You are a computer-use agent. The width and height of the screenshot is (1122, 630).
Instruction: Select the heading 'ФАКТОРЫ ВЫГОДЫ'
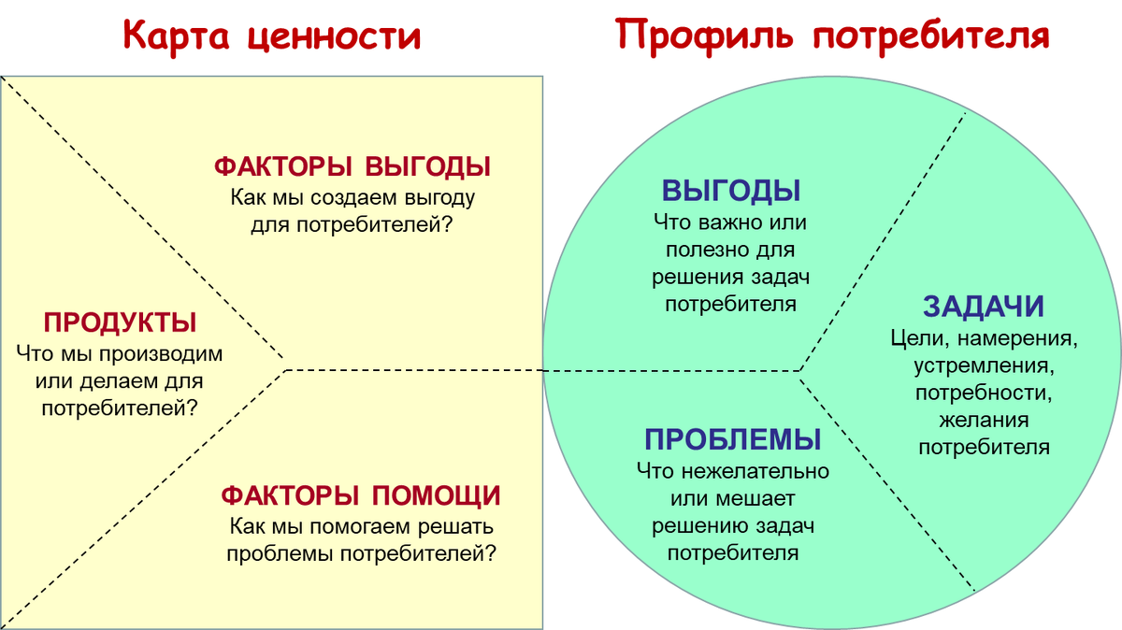(352, 167)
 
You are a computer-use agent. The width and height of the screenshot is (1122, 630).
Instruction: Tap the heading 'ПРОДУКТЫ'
(120, 323)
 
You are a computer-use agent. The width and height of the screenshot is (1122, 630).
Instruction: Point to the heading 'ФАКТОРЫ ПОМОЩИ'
(360, 495)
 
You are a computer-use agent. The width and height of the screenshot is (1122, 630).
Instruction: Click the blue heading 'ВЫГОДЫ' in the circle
(731, 191)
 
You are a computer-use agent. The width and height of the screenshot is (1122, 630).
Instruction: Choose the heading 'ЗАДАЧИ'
(984, 307)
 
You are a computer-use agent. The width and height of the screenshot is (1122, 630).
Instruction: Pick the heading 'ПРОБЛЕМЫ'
(733, 439)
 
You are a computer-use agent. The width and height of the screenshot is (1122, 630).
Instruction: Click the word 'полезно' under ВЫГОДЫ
(705, 251)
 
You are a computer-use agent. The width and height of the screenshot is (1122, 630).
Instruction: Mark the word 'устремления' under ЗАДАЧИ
(984, 365)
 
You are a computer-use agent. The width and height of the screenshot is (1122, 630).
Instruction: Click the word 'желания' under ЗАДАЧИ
(984, 420)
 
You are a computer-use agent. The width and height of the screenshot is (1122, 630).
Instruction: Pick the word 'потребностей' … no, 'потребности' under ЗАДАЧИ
(984, 392)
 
